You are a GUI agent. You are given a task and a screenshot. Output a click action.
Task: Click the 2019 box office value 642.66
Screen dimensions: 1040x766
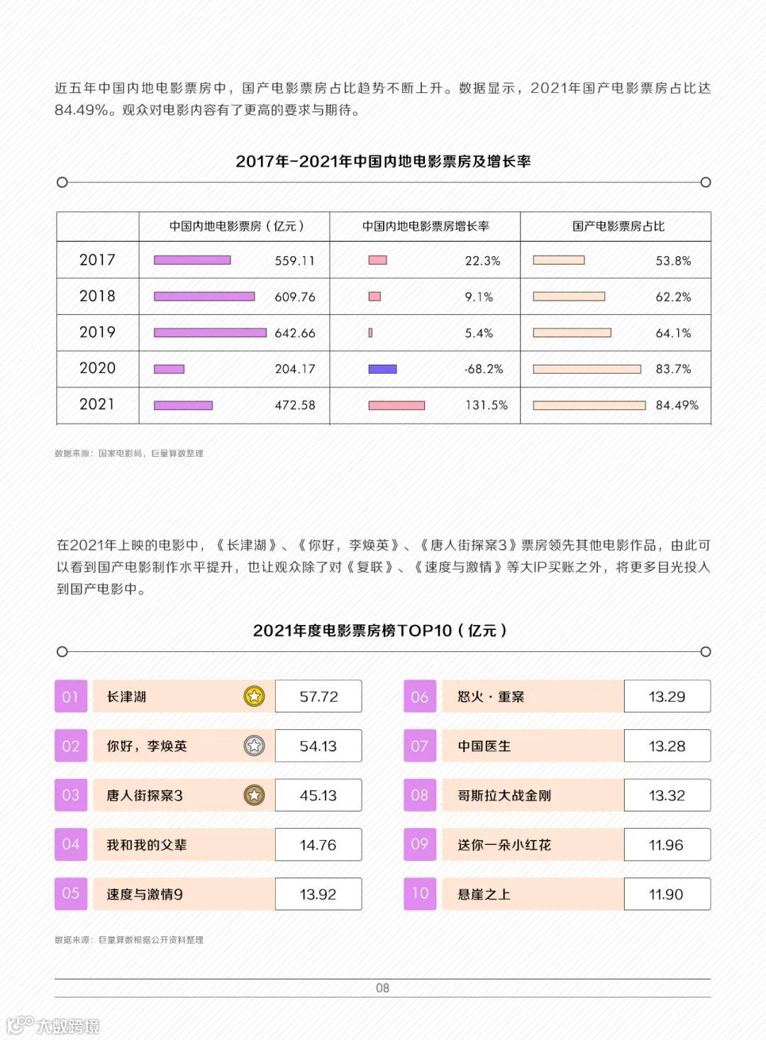[295, 333]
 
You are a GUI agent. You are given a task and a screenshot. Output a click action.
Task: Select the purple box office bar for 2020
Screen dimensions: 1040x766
[169, 369]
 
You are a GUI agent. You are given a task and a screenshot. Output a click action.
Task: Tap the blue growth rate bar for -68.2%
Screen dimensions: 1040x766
[382, 369]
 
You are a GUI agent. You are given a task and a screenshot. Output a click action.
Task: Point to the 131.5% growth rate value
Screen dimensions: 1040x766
[486, 405]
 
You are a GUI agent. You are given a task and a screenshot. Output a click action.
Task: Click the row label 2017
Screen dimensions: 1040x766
[97, 260]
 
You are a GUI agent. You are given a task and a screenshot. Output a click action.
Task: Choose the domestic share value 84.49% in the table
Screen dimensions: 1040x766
[677, 405]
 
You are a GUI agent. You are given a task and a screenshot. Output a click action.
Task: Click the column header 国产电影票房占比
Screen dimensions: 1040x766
[618, 226]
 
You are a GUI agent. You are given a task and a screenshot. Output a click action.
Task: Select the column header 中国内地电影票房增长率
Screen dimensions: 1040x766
[426, 226]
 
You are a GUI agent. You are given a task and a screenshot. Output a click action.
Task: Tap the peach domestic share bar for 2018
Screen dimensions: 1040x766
[569, 297]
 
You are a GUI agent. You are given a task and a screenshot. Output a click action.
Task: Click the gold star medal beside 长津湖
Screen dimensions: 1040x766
[254, 696]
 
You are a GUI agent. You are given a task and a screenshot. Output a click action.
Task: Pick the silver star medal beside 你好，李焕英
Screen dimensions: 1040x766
[254, 746]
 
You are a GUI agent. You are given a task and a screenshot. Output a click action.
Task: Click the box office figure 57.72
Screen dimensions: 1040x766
[318, 697]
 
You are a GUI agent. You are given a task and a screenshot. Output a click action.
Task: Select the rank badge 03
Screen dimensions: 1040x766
[71, 795]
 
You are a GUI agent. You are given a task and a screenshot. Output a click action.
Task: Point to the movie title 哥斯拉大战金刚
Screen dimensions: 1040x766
[504, 795]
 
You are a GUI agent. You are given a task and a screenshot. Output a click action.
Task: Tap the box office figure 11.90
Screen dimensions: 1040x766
[666, 895]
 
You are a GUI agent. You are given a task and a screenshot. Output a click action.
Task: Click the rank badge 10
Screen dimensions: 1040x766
[420, 894]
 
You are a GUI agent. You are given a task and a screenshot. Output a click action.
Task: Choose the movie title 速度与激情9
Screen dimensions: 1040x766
[145, 895]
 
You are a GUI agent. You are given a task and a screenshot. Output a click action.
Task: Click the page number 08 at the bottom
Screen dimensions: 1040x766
[382, 988]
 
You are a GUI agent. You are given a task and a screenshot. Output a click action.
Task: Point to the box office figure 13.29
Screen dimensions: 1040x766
[667, 697]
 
